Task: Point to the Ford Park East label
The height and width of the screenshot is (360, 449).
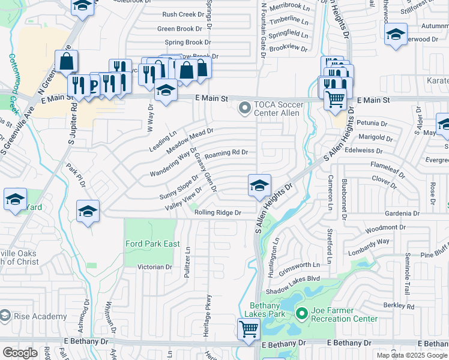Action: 152,244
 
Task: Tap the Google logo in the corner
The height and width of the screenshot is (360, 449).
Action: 20,353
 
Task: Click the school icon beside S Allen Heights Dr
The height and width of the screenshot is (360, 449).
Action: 259,186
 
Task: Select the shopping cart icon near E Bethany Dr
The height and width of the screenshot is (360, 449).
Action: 248,329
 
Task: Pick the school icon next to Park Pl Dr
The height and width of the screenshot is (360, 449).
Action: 88,212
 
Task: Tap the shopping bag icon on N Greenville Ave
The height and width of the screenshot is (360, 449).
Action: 66,61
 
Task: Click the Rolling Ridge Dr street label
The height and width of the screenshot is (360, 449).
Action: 217,212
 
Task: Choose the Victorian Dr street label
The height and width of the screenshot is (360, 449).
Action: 155,267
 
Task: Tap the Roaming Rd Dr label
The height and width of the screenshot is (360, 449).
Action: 226,153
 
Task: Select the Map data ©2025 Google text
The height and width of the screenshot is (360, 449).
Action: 411,355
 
